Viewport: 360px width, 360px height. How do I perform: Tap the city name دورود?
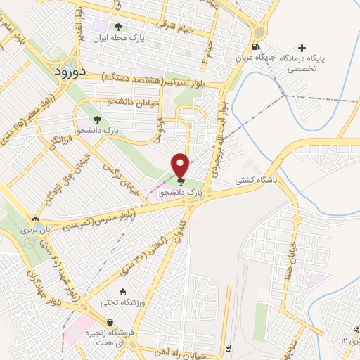[70, 71]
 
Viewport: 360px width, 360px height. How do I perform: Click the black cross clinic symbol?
[302, 48]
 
